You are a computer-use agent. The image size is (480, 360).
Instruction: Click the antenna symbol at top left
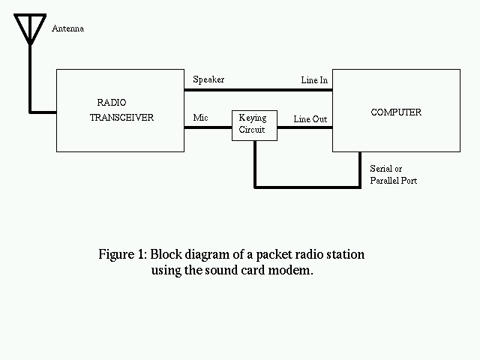click(x=30, y=28)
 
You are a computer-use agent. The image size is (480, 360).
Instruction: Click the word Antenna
click(x=67, y=29)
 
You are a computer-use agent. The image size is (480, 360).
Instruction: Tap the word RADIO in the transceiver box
click(x=112, y=102)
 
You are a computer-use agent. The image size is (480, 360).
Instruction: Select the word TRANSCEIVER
click(x=121, y=118)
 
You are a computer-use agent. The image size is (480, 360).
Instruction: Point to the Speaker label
click(x=208, y=79)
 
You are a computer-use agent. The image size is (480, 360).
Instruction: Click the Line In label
click(x=313, y=79)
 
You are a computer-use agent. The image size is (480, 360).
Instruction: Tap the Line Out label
click(x=310, y=119)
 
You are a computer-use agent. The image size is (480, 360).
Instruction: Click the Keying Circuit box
click(x=254, y=124)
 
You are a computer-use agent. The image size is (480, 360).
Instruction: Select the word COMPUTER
click(x=396, y=112)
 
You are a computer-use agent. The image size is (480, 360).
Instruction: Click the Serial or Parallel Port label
click(x=393, y=175)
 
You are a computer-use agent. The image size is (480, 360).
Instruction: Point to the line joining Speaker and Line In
click(x=259, y=90)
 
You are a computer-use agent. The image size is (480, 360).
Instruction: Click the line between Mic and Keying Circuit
click(x=208, y=127)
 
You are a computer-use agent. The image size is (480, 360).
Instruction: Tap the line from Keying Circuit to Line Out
click(x=304, y=127)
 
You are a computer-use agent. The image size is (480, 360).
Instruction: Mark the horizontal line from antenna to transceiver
click(x=43, y=112)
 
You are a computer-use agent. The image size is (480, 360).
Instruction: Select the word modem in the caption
click(x=292, y=270)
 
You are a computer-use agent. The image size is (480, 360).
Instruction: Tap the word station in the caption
click(x=344, y=254)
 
